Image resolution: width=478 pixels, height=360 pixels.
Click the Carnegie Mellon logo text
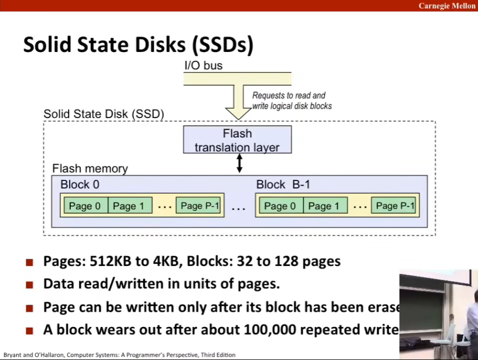point(447,6)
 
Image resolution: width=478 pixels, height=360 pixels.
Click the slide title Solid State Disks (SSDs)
point(139,45)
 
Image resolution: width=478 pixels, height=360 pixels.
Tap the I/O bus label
point(203,66)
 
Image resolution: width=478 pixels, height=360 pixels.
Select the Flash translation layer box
point(237,140)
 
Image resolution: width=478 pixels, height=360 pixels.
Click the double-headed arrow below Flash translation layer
point(240,164)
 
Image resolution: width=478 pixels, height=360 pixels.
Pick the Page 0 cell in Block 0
point(85,206)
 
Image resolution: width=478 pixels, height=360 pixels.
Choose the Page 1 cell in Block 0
point(129,206)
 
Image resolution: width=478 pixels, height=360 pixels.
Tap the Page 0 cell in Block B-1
point(280,206)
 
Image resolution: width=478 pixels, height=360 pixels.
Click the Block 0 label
point(80,185)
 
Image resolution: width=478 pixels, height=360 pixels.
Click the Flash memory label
point(90,169)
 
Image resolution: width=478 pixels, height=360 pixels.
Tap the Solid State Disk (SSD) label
point(103,114)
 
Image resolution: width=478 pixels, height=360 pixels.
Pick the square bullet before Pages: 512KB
point(30,262)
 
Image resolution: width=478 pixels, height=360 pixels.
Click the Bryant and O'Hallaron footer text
point(119,355)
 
